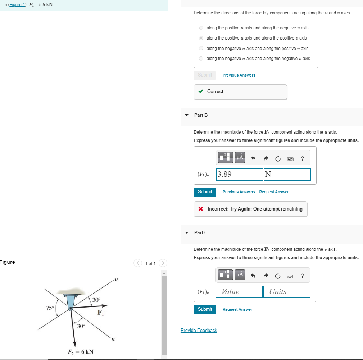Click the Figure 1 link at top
(17, 4)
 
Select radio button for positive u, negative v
(201, 28)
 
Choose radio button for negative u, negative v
(201, 59)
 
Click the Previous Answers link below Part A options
(239, 75)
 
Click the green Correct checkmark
(201, 92)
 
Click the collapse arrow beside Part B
(186, 115)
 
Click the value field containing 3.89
(239, 175)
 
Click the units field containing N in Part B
(287, 175)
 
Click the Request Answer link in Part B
(274, 192)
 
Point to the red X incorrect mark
(201, 209)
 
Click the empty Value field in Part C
(239, 292)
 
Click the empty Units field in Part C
(287, 292)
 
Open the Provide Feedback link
(199, 330)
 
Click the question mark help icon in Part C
(302, 276)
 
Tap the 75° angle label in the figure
(50, 308)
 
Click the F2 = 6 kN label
(81, 351)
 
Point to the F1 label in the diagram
(101, 313)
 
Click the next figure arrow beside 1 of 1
(163, 263)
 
